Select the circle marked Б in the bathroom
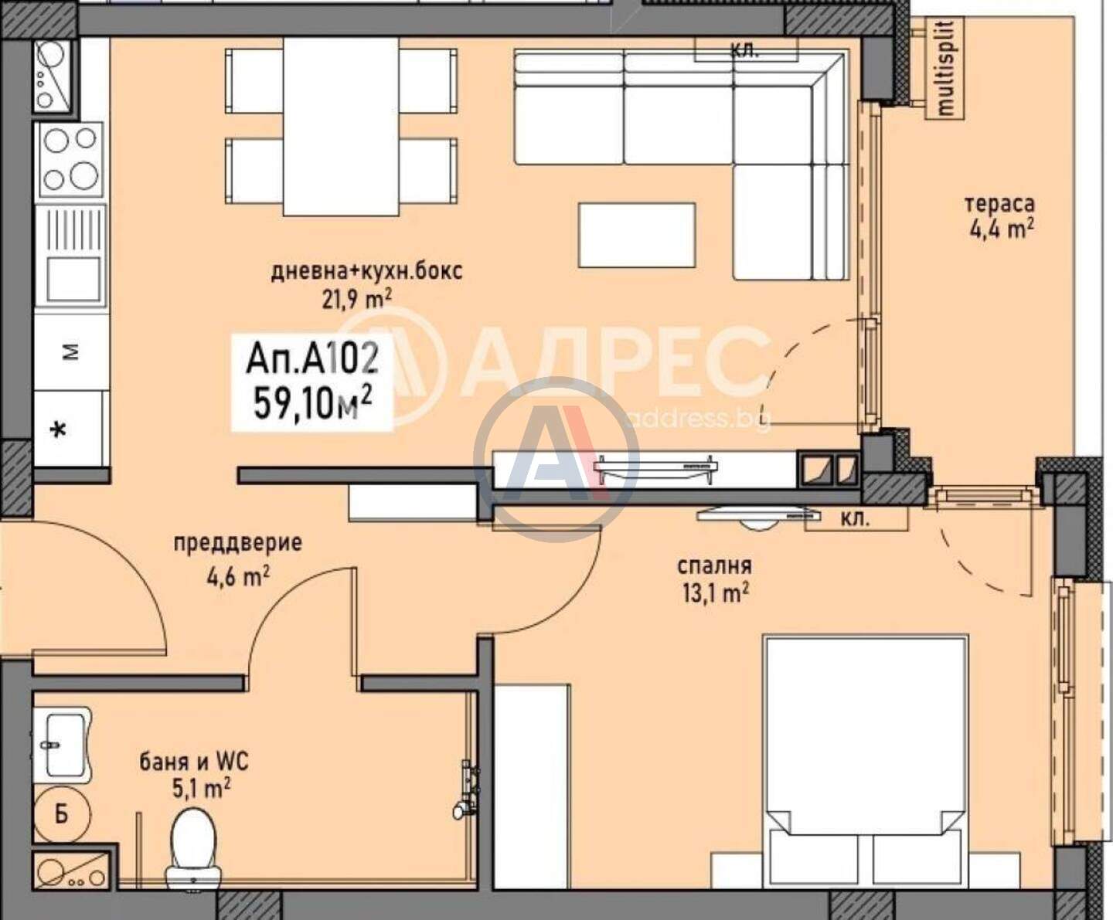point(62,814)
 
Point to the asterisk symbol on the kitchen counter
point(59,430)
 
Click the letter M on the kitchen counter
point(70,352)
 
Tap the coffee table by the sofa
point(636,235)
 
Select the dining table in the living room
point(341,126)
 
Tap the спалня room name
point(714,565)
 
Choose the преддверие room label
point(238,543)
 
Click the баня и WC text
point(194,762)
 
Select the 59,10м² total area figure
point(312,402)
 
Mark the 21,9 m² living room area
point(356,301)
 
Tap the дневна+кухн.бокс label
point(366,272)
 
